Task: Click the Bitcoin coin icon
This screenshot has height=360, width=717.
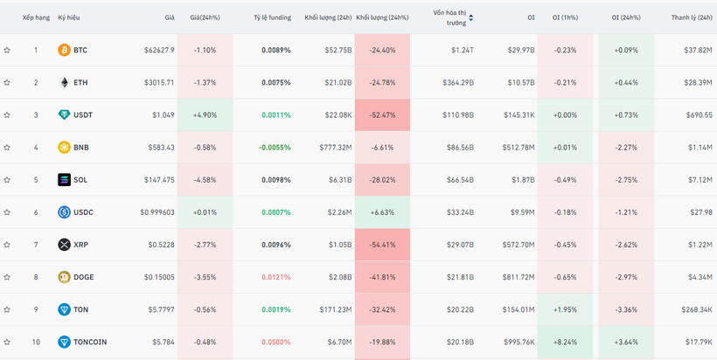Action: tap(64, 50)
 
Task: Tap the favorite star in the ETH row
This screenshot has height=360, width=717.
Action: tap(7, 83)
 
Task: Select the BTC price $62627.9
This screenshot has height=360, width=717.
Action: tap(159, 50)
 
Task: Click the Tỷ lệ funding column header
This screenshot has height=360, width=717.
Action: tap(273, 17)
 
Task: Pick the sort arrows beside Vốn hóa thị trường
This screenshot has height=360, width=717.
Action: tap(471, 17)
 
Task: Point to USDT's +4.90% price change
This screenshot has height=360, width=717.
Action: tap(205, 115)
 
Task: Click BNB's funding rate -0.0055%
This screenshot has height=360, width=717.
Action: tap(274, 148)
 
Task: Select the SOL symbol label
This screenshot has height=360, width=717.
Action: tap(80, 180)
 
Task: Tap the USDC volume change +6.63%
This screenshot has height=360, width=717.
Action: tap(383, 212)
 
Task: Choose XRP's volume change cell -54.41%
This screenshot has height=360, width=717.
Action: tap(382, 245)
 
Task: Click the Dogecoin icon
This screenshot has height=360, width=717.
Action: tap(64, 277)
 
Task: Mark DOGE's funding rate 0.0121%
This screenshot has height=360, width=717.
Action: tap(276, 277)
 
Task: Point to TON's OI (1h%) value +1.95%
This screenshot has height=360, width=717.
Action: tap(565, 309)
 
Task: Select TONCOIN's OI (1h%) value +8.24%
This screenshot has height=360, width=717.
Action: tap(565, 343)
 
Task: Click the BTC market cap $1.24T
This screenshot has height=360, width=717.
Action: tap(463, 50)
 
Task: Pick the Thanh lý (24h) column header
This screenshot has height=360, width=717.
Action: tap(692, 17)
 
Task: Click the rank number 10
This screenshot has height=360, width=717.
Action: tap(36, 343)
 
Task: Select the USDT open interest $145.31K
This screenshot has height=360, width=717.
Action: tap(519, 115)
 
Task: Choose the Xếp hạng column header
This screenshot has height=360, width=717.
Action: tap(36, 17)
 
